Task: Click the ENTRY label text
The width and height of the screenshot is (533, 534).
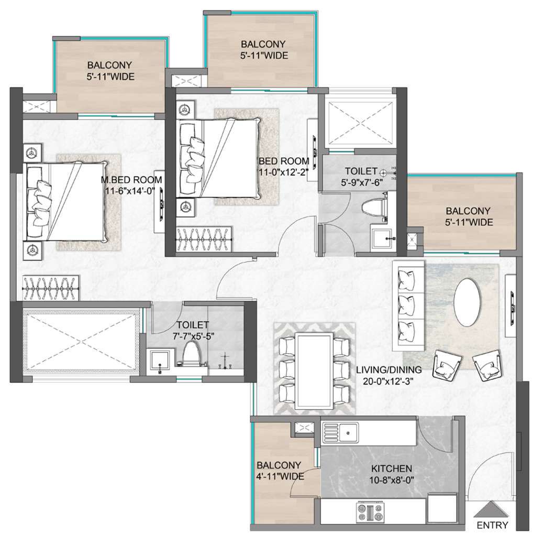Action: coord(492,525)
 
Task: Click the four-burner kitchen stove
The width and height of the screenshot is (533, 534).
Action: coord(370,511)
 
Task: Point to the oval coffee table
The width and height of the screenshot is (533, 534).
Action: coord(468,302)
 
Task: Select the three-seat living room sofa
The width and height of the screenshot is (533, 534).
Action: coord(408,306)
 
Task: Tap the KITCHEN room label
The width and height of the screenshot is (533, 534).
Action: coord(392,468)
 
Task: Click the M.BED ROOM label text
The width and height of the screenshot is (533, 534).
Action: coord(131,179)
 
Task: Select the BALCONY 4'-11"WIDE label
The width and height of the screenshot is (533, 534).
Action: coord(280,470)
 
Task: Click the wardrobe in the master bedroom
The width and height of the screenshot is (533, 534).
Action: coord(51,288)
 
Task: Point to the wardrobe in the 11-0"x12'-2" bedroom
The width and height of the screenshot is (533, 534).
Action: coord(205,239)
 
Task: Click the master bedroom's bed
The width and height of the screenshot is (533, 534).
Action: coord(65,201)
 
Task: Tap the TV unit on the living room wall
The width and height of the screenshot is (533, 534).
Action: coord(510,306)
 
